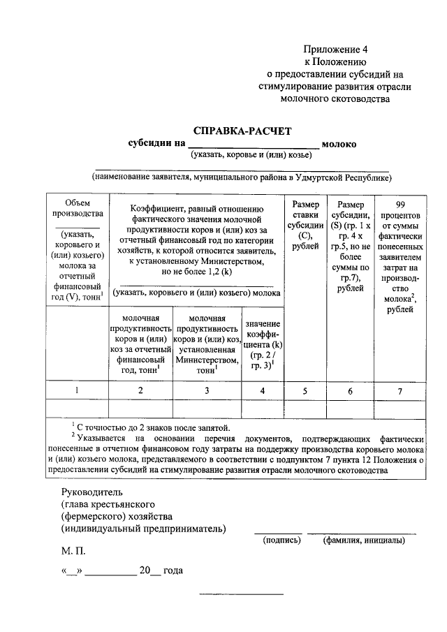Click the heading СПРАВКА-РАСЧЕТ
(241, 131)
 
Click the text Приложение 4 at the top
(335, 49)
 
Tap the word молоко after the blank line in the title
(340, 144)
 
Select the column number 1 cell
(77, 390)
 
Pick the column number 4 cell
(263, 390)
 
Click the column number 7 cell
(400, 390)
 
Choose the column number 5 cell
(305, 390)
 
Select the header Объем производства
(77, 207)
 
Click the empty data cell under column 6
(351, 408)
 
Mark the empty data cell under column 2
(140, 408)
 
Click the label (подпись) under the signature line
(282, 541)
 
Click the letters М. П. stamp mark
(73, 551)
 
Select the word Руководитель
(91, 491)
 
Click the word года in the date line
(174, 571)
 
